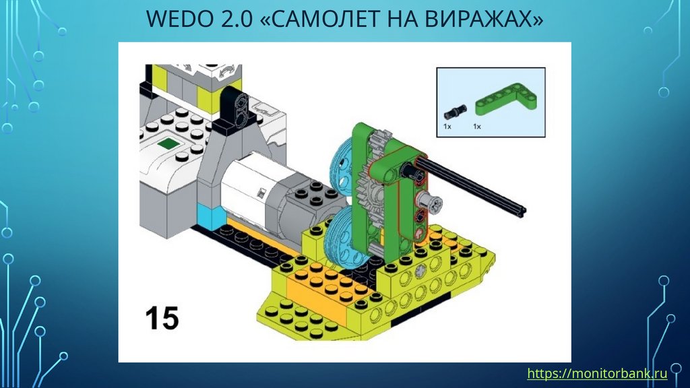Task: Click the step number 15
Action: click(x=162, y=318)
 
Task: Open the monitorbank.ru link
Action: click(x=597, y=373)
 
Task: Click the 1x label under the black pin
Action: click(x=447, y=126)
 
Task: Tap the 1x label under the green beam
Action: click(x=477, y=126)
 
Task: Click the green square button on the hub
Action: click(x=168, y=143)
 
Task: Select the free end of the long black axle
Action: click(x=523, y=212)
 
